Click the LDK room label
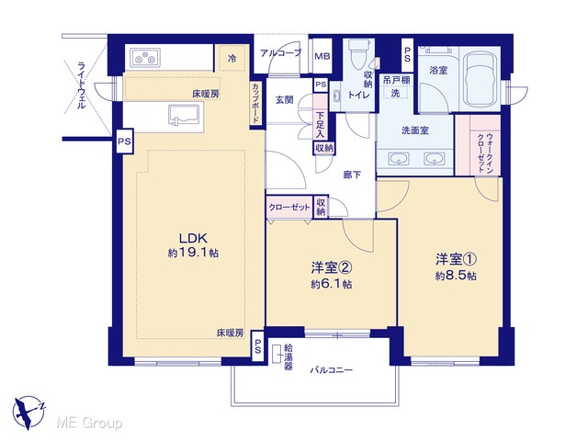coord(194,239)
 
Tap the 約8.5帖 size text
coord(456,276)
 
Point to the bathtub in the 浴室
coord(480,80)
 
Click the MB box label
coord(322,57)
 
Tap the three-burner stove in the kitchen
coord(145,58)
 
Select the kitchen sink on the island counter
coord(184,115)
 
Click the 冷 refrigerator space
coord(232,58)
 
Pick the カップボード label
coord(255,103)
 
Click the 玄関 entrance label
coord(284,100)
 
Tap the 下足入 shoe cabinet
coord(320,117)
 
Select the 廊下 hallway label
coord(352,175)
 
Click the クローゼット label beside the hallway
coord(289,208)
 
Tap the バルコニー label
coord(331,370)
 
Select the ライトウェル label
coord(81,85)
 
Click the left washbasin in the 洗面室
coord(397,159)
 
